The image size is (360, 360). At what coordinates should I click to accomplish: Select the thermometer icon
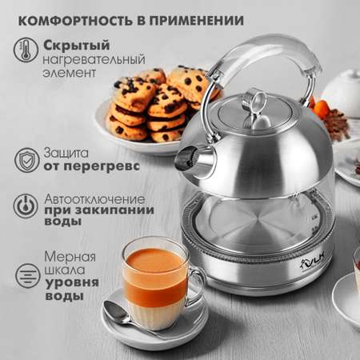click(26, 50)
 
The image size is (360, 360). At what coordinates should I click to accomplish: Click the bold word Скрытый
click(77, 46)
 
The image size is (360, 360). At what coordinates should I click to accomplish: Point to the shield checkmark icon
click(26, 160)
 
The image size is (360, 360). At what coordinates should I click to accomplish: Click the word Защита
click(66, 153)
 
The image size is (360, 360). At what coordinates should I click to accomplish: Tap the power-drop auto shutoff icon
click(26, 206)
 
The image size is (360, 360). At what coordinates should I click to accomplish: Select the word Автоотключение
click(94, 199)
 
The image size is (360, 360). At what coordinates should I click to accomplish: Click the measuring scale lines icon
click(27, 275)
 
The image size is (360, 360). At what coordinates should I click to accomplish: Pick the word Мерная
click(70, 257)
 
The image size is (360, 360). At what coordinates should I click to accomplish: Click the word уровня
click(72, 283)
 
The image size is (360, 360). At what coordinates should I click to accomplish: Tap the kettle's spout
click(194, 160)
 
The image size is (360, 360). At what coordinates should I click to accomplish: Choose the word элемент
click(69, 73)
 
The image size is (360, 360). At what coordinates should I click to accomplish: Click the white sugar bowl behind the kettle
click(342, 94)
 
